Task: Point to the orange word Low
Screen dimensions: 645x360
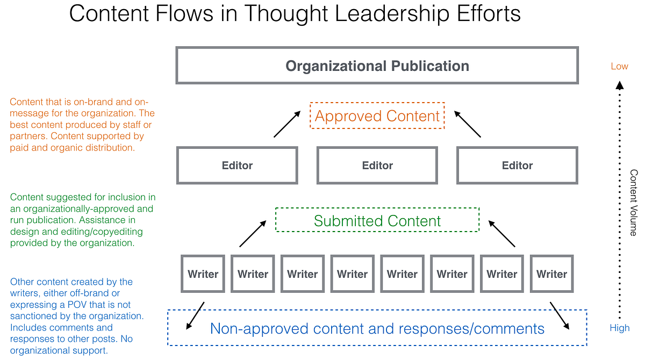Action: click(619, 66)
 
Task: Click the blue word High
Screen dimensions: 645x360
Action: click(619, 328)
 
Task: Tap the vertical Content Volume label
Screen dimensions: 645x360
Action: click(634, 203)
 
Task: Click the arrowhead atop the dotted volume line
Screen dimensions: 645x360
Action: click(620, 85)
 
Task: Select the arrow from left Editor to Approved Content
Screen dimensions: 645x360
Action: click(287, 124)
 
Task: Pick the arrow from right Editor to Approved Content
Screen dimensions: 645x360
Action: click(467, 124)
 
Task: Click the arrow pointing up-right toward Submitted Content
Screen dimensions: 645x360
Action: click(253, 234)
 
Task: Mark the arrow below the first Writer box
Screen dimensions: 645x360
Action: click(195, 316)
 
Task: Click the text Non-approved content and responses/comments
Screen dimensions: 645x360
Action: click(377, 328)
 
